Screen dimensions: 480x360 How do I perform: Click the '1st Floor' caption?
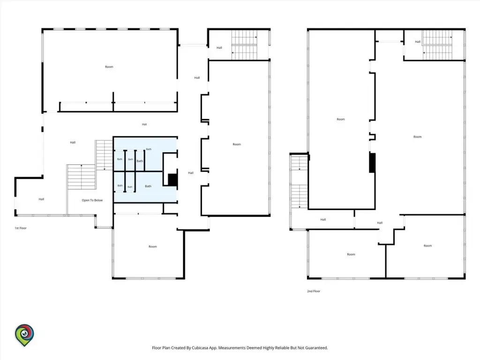21,228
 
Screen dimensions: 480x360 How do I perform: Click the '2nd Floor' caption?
314,291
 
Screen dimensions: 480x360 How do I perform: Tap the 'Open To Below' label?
92,200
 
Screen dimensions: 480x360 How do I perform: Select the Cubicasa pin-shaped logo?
24,335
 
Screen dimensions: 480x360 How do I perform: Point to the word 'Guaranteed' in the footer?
316,348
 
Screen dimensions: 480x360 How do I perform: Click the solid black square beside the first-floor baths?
172,180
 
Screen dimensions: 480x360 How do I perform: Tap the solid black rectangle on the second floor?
372,163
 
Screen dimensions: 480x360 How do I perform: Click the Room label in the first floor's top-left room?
109,67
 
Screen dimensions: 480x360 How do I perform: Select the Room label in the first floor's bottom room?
152,247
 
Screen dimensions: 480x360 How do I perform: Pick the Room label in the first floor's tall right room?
237,144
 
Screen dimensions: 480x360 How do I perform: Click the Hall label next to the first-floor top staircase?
219,48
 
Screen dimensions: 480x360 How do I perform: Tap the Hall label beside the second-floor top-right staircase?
418,42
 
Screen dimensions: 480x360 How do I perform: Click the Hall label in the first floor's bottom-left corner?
41,199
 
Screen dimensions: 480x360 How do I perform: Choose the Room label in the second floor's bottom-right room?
427,246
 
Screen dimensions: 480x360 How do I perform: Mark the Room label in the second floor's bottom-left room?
351,255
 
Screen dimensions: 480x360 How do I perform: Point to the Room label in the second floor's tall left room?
341,120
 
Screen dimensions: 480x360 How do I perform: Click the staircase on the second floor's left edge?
299,182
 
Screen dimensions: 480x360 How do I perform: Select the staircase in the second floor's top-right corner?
437,45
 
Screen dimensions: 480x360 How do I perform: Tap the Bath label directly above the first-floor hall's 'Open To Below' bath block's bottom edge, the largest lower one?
148,186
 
